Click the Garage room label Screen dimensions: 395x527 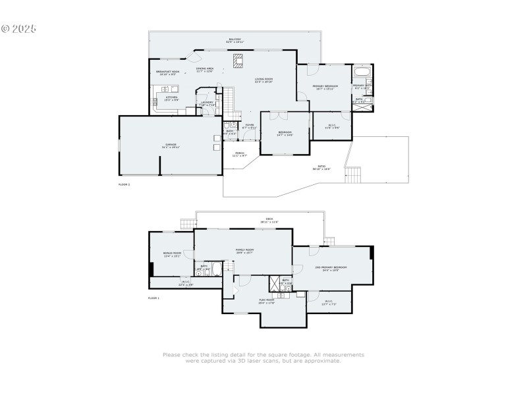click(x=171, y=145)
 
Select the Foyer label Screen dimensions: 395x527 click(x=250, y=126)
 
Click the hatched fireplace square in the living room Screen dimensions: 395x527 click(x=237, y=62)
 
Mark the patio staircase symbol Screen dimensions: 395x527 click(x=354, y=176)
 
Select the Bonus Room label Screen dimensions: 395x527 click(x=172, y=254)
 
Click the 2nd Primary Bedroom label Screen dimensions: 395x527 click(x=331, y=268)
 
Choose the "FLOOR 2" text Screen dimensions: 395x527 click(x=124, y=185)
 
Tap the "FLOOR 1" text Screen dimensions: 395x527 click(x=153, y=298)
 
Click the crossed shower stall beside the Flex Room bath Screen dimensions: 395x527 click(x=274, y=284)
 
